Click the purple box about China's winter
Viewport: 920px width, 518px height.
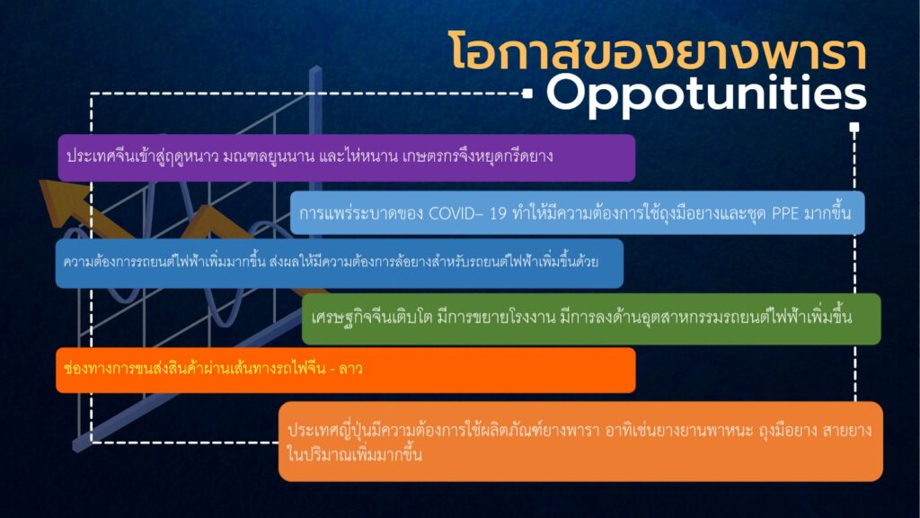point(346,157)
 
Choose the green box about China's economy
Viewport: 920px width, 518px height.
point(591,318)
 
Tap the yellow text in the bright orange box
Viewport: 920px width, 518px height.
point(213,369)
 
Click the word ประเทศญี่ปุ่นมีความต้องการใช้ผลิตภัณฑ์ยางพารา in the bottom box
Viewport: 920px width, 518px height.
point(443,431)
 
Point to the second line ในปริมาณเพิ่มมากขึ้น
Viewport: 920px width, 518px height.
point(354,454)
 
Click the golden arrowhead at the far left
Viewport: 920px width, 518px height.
point(62,199)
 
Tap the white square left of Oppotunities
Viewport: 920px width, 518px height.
point(527,93)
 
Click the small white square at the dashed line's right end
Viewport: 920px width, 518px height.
point(854,127)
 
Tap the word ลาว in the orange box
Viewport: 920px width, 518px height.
point(351,369)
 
